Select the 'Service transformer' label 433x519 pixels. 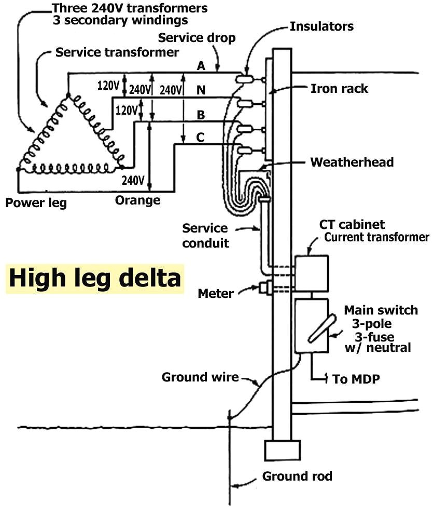tap(117, 52)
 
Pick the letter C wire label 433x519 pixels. tap(200, 138)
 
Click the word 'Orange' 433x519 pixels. tap(137, 200)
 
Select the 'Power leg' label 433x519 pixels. tap(36, 202)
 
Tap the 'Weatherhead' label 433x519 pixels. tap(352, 162)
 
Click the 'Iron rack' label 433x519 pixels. tap(339, 88)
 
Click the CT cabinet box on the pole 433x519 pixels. tap(311, 273)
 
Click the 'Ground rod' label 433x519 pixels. tap(297, 476)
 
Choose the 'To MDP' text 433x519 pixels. tap(356, 379)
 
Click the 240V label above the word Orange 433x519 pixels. tap(133, 181)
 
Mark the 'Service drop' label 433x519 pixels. tap(197, 38)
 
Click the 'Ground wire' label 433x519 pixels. tap(200, 377)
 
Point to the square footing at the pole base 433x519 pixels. tap(282, 450)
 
